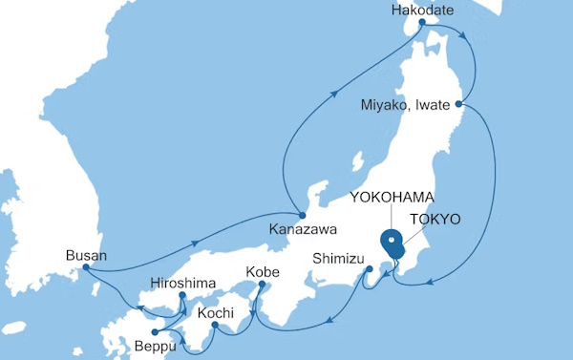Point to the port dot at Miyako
pos(459,103)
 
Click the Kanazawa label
pos(298,230)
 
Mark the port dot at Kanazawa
pos(301,213)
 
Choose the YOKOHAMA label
pos(393,197)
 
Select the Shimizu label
pos(339,257)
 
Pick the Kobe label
pos(263,273)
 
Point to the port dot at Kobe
pos(263,284)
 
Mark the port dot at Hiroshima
pos(182,296)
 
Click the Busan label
pos(86,255)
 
